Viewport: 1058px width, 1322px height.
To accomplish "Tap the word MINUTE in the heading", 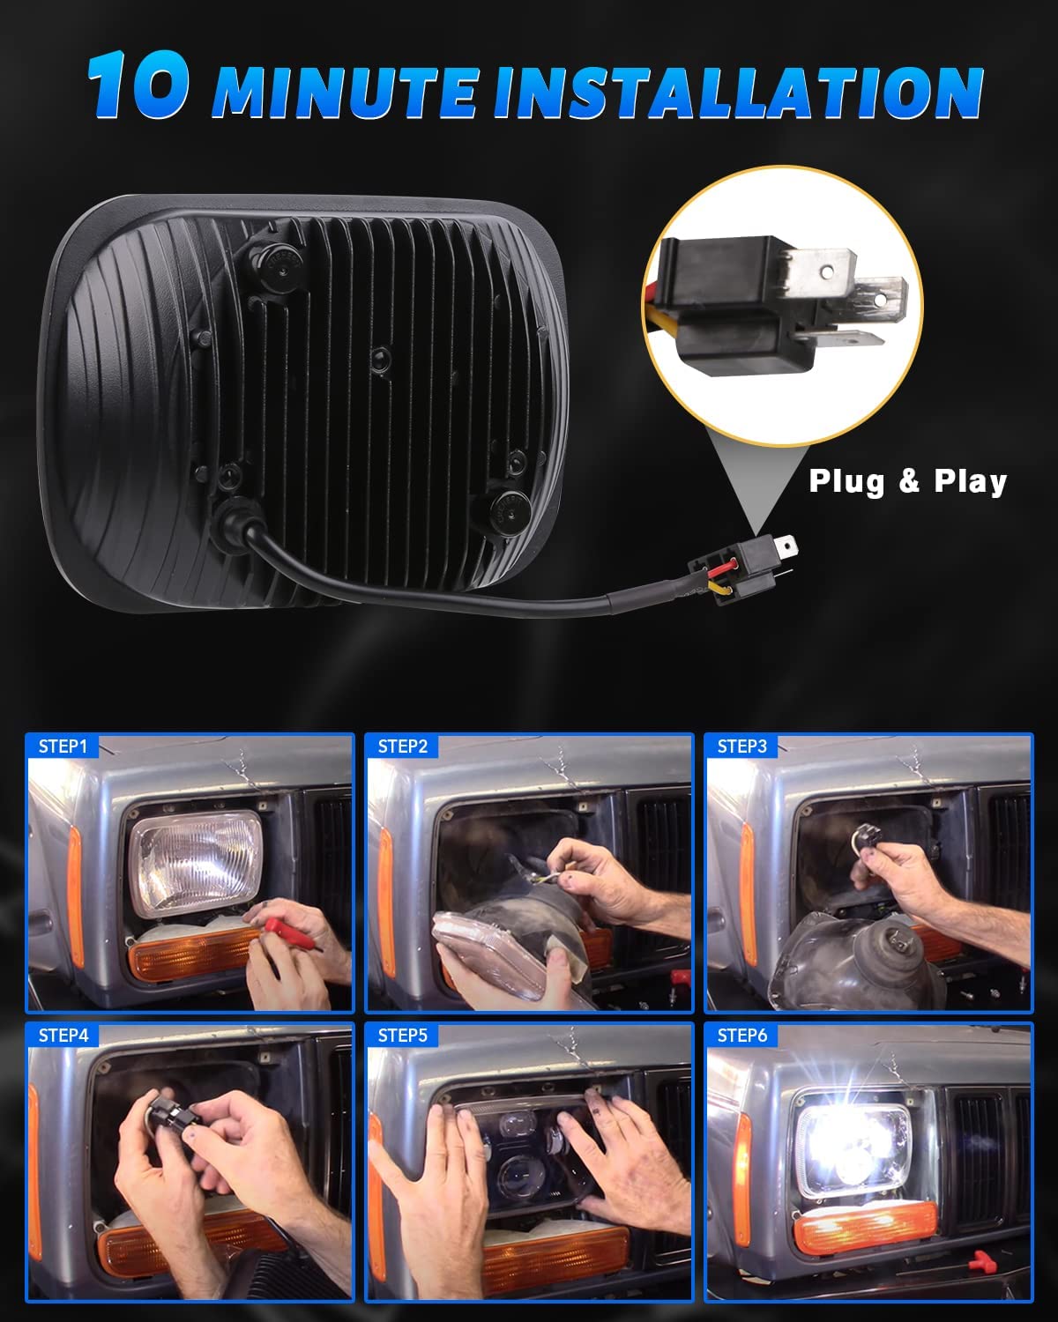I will click(346, 91).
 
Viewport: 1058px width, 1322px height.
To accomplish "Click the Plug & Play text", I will click(907, 482).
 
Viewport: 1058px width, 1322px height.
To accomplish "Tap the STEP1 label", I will click(63, 746).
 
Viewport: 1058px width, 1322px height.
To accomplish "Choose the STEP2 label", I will click(402, 746).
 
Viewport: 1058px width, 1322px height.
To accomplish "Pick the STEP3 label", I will click(741, 746).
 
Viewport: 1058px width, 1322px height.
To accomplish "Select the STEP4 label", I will click(63, 1035).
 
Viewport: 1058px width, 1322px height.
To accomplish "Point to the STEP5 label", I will click(402, 1035).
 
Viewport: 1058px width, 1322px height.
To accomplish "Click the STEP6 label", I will click(741, 1035).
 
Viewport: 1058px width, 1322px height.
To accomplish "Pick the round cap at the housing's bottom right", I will click(503, 508).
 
